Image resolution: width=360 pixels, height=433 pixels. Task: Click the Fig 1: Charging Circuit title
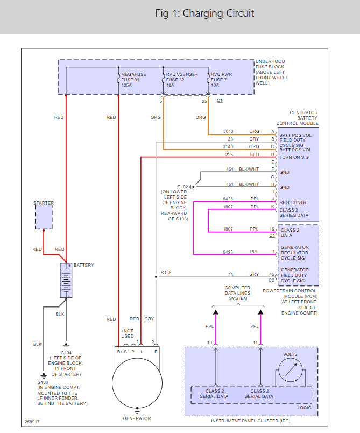(204, 13)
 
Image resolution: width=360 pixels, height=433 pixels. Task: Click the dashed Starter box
(44, 217)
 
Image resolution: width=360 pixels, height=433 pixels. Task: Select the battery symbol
(66, 280)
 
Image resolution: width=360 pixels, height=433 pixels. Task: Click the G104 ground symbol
(66, 346)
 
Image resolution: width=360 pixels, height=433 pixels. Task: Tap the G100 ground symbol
(44, 376)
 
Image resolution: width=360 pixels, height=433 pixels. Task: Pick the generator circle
(137, 383)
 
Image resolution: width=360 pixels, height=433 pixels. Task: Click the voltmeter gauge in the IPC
(291, 370)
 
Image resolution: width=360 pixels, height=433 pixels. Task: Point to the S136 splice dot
(156, 277)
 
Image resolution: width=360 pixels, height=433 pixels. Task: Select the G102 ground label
(182, 187)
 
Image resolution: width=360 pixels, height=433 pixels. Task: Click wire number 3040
(228, 131)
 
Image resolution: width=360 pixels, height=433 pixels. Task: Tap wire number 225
(229, 155)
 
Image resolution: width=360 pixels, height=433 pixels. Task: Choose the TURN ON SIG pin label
(294, 157)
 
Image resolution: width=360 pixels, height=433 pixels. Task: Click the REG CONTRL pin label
(294, 202)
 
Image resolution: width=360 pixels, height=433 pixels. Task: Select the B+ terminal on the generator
(119, 352)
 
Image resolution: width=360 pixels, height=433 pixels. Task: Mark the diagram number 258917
(32, 422)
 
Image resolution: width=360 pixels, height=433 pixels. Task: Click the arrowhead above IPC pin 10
(216, 312)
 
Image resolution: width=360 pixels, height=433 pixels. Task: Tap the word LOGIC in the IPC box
(304, 408)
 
